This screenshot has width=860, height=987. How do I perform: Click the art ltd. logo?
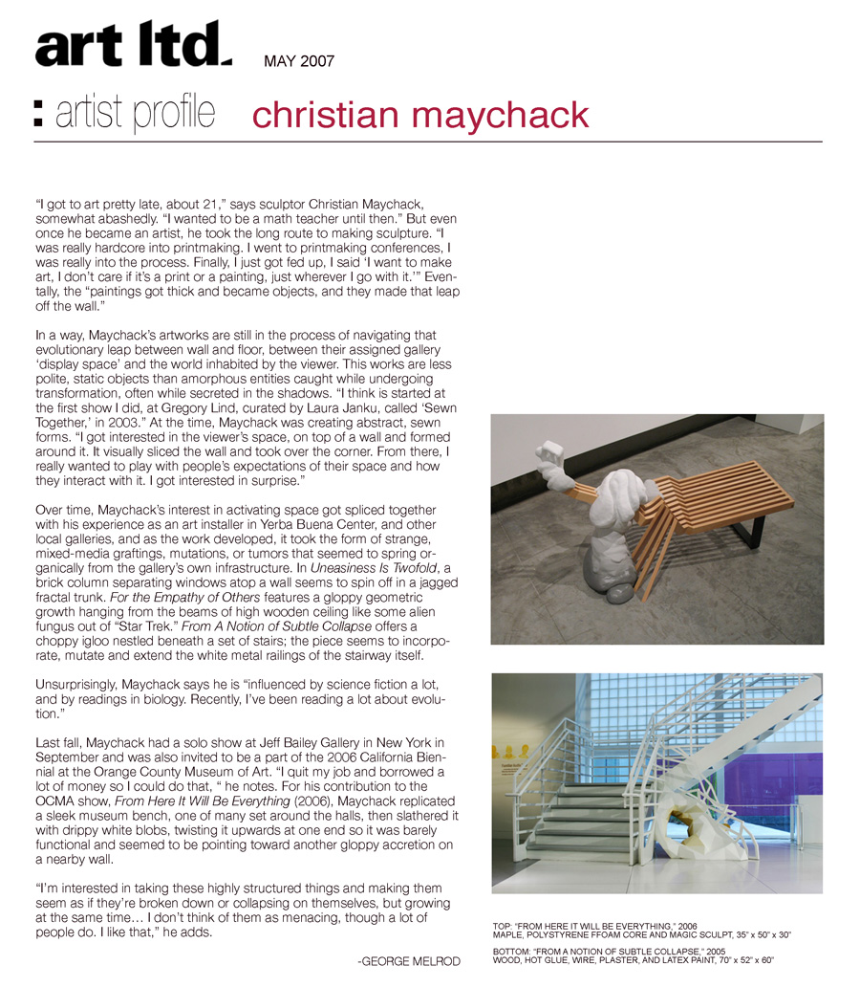click(x=133, y=46)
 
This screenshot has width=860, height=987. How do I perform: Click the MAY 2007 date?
click(x=299, y=62)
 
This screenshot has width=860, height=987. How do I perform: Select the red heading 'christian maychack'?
click(x=420, y=115)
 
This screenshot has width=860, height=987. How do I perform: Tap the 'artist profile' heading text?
click(x=135, y=114)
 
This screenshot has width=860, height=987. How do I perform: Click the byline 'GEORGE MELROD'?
click(x=409, y=960)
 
